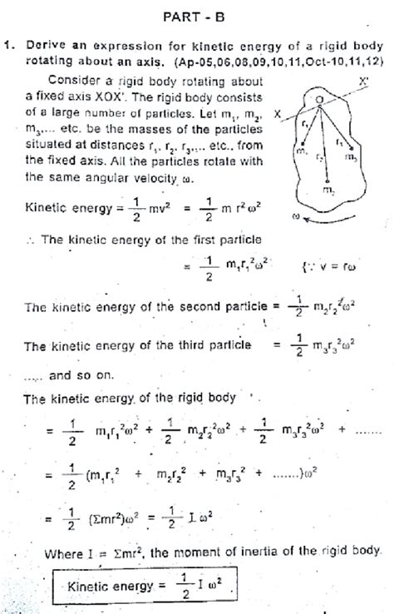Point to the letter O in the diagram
point(318,99)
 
